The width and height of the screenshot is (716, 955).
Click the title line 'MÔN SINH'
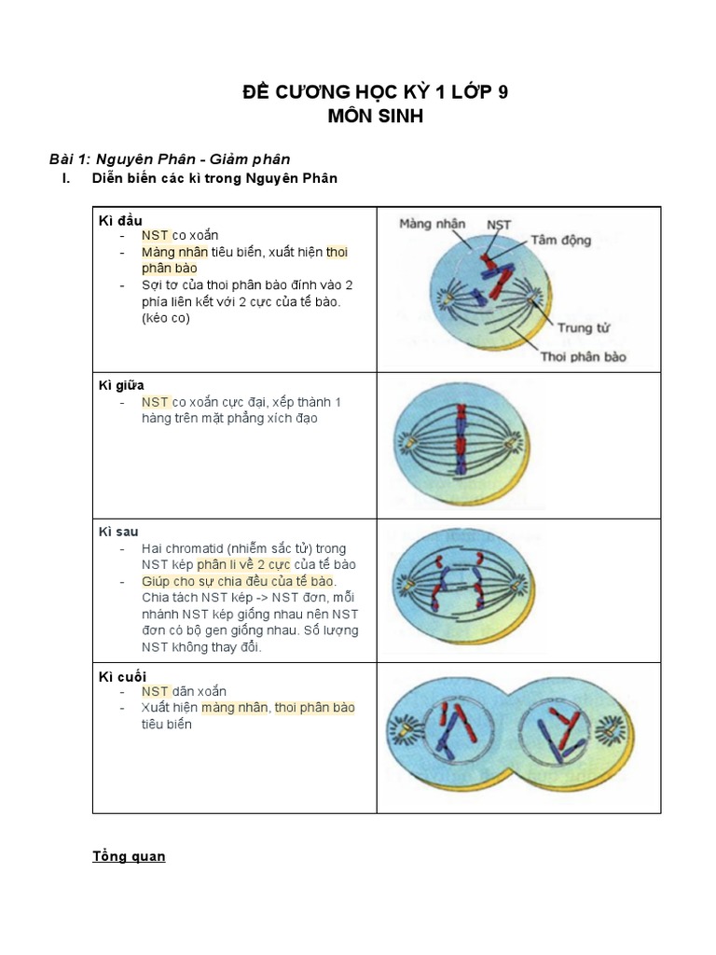[x=359, y=117]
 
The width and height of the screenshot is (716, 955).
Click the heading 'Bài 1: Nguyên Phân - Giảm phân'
[x=175, y=159]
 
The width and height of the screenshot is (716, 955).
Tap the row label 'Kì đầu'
[x=120, y=220]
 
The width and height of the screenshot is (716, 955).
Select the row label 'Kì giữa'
[x=121, y=385]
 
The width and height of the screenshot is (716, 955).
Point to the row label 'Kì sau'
[x=118, y=532]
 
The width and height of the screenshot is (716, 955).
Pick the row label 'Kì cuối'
[x=122, y=676]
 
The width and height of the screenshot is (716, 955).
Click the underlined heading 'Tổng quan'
[x=129, y=856]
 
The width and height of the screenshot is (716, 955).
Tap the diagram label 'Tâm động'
[x=561, y=240]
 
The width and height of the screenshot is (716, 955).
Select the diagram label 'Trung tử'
[x=582, y=327]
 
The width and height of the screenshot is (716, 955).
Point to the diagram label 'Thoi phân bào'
[x=584, y=356]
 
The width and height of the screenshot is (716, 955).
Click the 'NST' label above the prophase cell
[x=499, y=225]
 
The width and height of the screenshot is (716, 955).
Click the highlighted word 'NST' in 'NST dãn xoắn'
[x=155, y=692]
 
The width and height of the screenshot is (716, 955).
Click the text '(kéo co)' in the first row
[x=166, y=319]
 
